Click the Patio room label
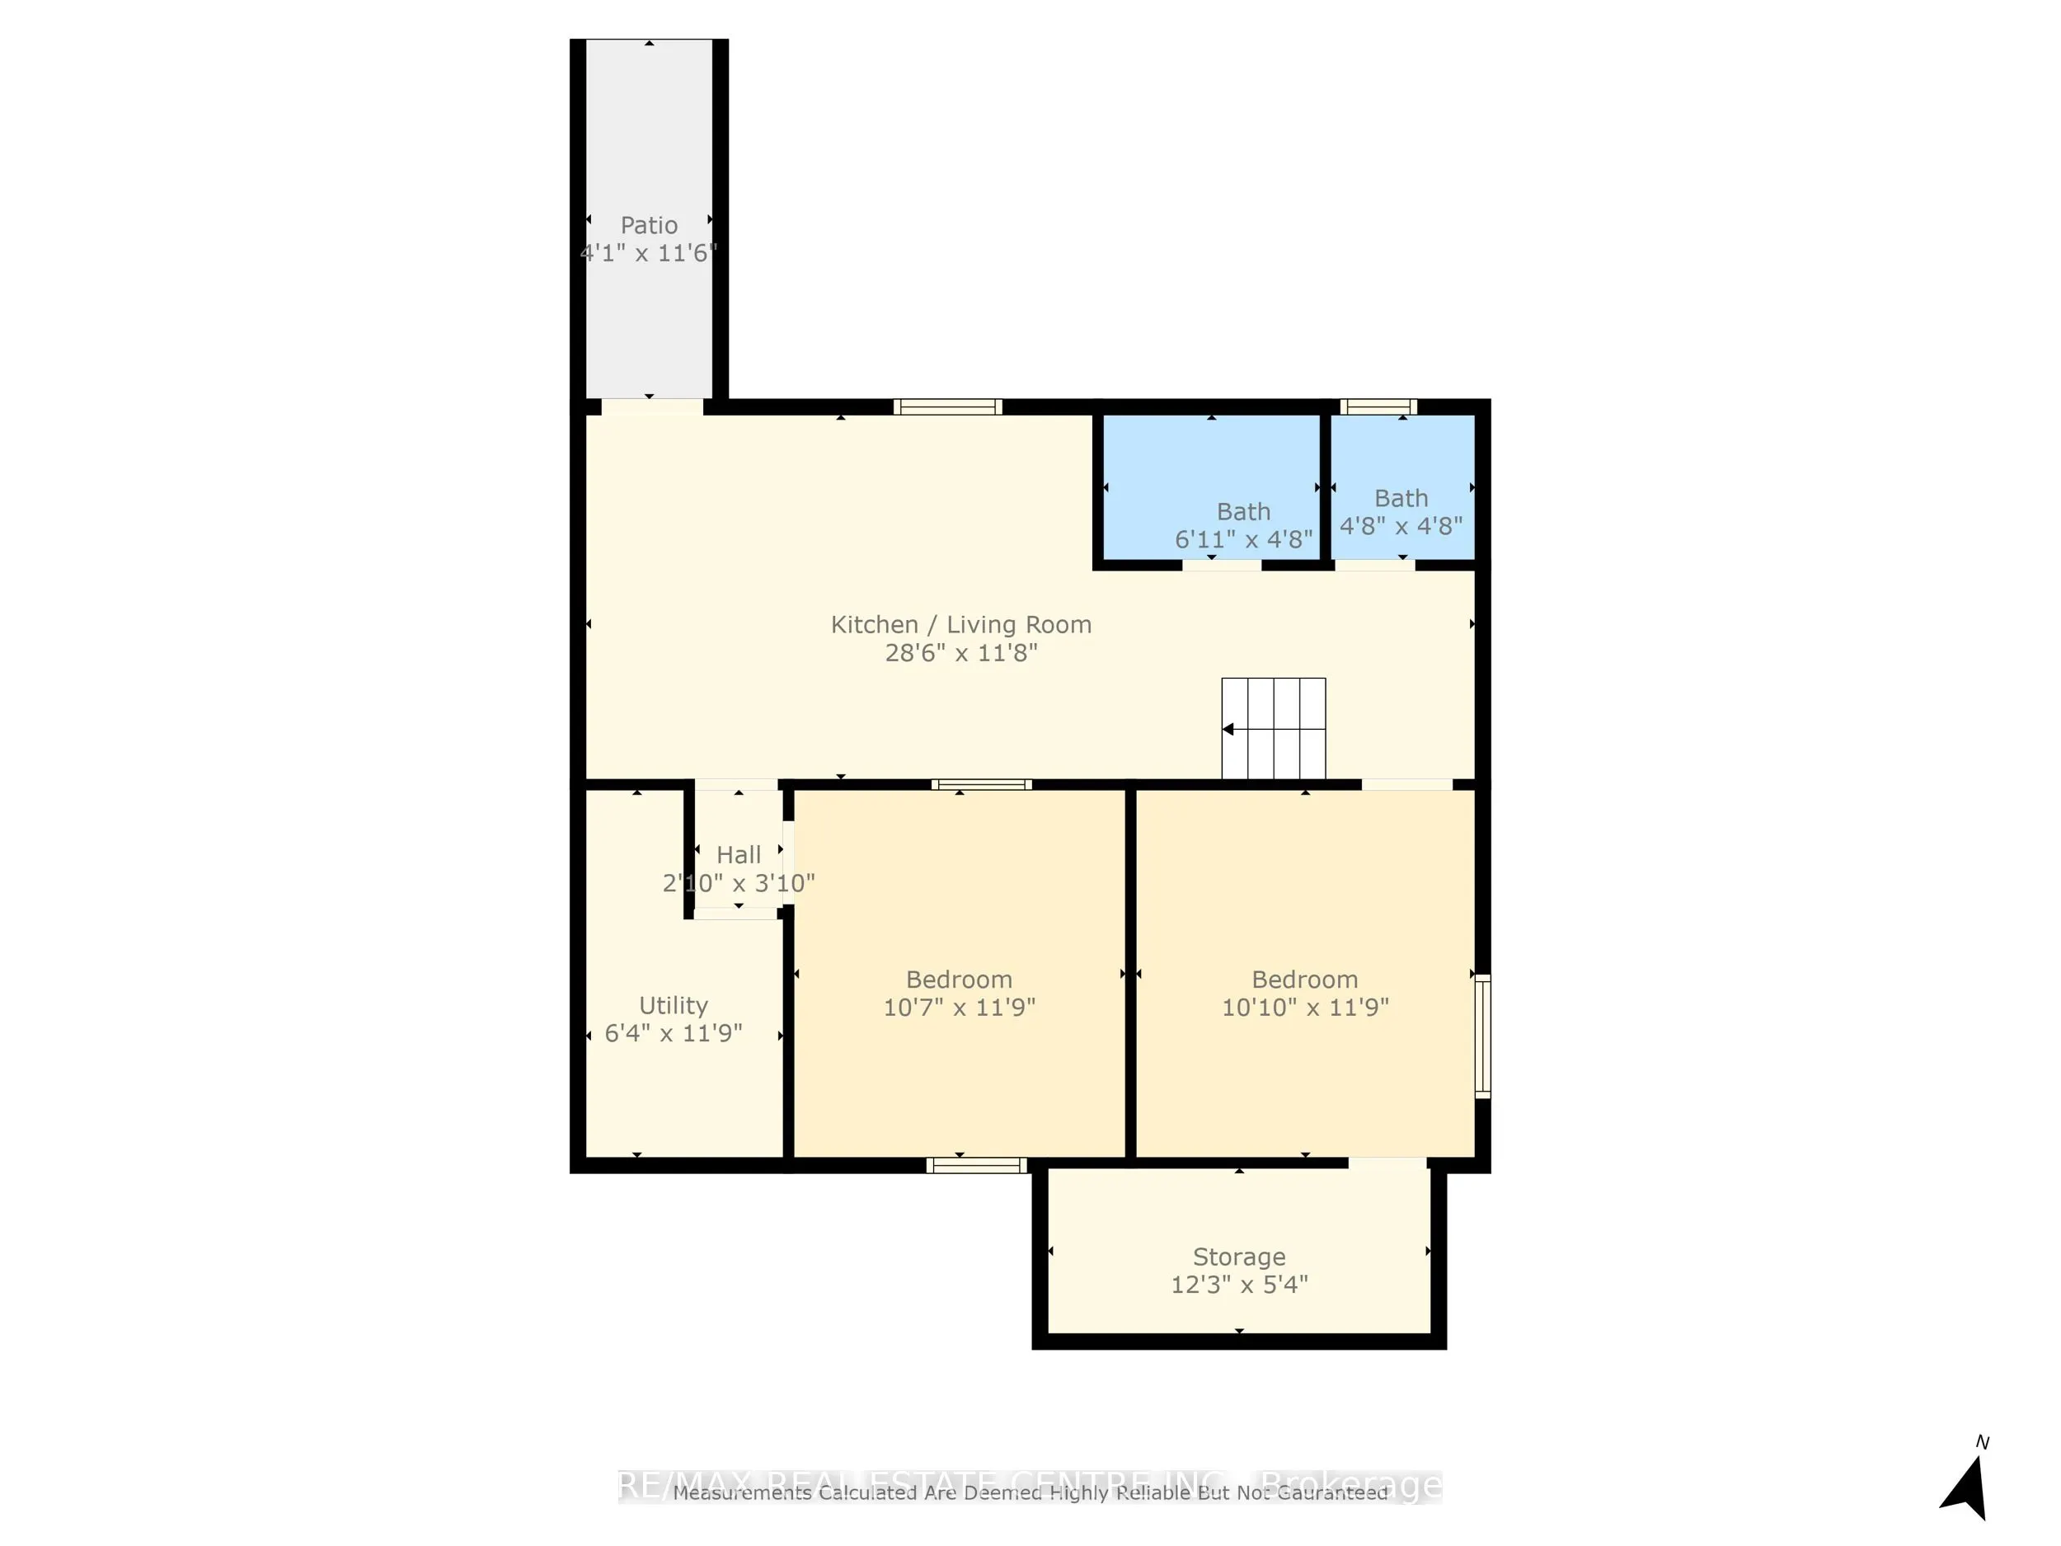click(x=649, y=226)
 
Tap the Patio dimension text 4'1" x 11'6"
click(x=649, y=253)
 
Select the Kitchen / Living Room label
click(x=960, y=624)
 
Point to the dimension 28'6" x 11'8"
click(x=960, y=652)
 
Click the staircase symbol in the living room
click(x=1274, y=729)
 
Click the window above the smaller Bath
click(x=1378, y=406)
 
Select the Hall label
click(x=738, y=854)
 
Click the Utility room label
click(x=673, y=1005)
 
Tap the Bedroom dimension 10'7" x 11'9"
click(x=959, y=1008)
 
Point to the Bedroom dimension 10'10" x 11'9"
click(x=1304, y=1008)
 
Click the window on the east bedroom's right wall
click(x=1482, y=1036)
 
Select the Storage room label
click(x=1238, y=1257)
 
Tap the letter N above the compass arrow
click(x=1982, y=1443)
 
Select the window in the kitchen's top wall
click(x=947, y=406)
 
